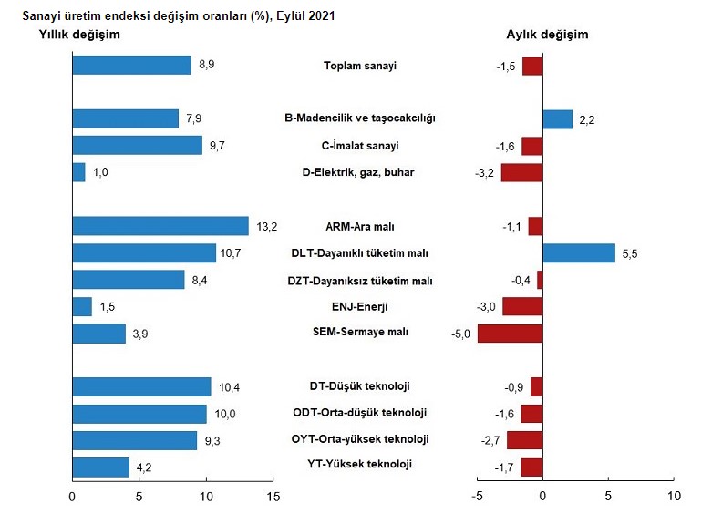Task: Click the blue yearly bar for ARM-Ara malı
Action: coord(160,226)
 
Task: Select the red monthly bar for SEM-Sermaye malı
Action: coord(510,333)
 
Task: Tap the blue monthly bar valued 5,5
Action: coord(579,252)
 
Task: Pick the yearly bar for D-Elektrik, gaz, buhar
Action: coord(78,172)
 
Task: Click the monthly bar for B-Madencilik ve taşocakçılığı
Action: coord(557,119)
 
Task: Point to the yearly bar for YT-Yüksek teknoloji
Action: coord(100,467)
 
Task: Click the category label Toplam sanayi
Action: coord(360,66)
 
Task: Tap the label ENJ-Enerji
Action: coord(360,307)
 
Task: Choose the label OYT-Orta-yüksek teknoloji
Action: coord(360,439)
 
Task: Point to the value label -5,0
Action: coord(461,334)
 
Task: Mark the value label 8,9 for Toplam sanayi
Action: coord(206,66)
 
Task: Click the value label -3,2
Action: coord(485,173)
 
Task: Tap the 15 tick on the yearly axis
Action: coord(273,497)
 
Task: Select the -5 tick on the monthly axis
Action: coord(475,497)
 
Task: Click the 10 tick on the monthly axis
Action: coord(674,497)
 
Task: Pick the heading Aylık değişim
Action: coord(547,35)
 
